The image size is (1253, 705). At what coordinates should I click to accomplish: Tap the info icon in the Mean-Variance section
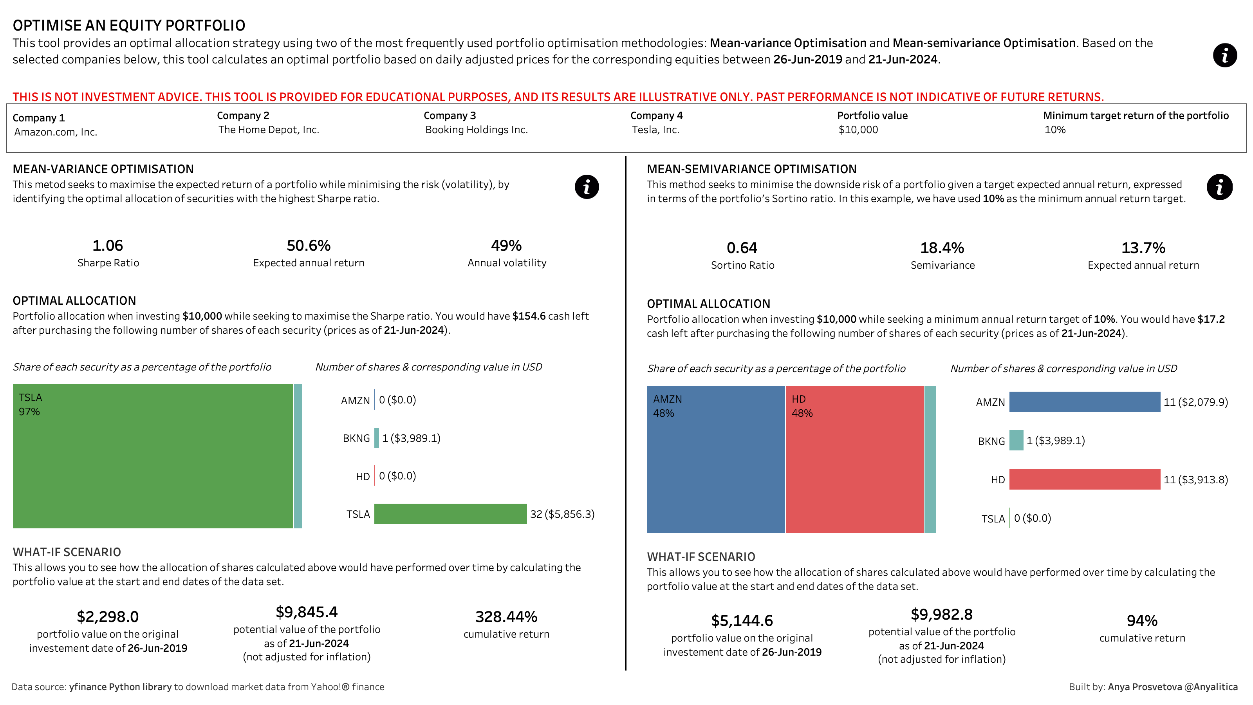(587, 187)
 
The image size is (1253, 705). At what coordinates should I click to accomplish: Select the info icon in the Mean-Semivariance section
(1219, 187)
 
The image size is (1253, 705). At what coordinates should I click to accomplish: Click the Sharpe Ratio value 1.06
(108, 245)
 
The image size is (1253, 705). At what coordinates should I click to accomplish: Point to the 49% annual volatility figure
(506, 245)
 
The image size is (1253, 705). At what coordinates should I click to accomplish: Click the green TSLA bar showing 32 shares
(450, 514)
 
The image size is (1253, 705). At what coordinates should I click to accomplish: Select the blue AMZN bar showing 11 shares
(1084, 402)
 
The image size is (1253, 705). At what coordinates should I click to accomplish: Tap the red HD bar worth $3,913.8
(1084, 479)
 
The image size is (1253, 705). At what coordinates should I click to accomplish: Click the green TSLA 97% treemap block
(153, 456)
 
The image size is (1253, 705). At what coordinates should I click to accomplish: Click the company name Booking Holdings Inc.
(476, 130)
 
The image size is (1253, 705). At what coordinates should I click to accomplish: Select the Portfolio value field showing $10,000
(858, 130)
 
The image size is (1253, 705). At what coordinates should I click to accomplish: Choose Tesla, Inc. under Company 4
(655, 130)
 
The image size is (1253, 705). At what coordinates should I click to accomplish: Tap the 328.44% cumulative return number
(506, 616)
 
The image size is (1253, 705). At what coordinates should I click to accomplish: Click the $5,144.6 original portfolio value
(742, 620)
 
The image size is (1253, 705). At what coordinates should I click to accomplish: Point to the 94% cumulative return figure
(1142, 620)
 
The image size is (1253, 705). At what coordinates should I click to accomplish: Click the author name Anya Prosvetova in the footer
(1145, 687)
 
